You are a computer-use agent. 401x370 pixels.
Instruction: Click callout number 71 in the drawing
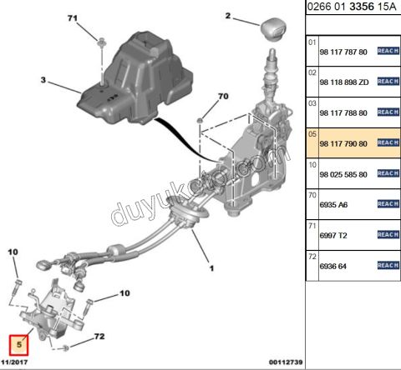[71, 18]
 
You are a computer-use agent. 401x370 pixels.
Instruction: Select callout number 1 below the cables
[211, 268]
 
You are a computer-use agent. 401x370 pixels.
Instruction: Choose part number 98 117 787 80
[344, 51]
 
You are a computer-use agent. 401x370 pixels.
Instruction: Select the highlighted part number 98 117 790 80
[344, 143]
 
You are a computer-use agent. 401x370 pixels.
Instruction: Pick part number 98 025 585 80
[344, 174]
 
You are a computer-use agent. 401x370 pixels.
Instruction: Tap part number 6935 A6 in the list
[335, 204]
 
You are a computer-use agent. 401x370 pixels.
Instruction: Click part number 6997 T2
[334, 235]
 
